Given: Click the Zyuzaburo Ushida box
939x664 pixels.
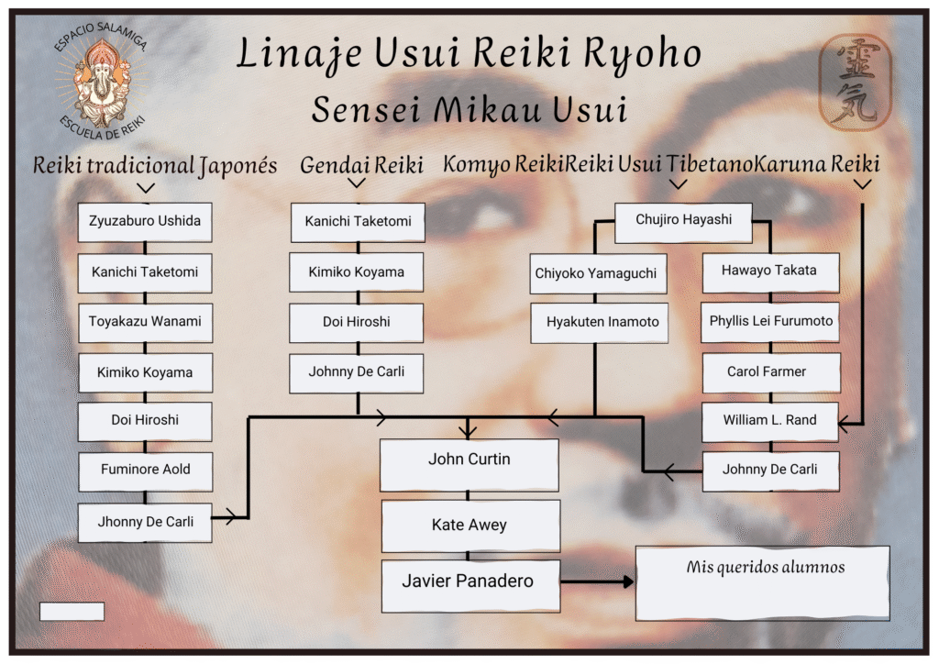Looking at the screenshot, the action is pyautogui.click(x=145, y=222).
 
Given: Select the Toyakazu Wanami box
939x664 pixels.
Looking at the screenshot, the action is pyautogui.click(x=146, y=323).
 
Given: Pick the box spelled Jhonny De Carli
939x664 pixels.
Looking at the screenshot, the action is pyautogui.click(x=145, y=522).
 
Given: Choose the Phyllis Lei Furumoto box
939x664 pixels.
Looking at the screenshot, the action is pyautogui.click(x=770, y=323).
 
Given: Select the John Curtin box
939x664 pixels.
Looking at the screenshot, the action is pyautogui.click(x=469, y=465).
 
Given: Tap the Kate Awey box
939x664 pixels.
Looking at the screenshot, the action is pyautogui.click(x=470, y=526).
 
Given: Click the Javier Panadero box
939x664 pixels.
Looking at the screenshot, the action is pyautogui.click(x=470, y=586).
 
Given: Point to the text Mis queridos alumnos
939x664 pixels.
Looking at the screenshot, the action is pyautogui.click(x=766, y=567).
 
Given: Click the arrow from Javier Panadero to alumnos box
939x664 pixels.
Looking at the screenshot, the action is pyautogui.click(x=597, y=581).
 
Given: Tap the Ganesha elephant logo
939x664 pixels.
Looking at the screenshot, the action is pyautogui.click(x=101, y=81).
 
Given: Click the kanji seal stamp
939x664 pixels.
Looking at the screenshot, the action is pyautogui.click(x=856, y=82).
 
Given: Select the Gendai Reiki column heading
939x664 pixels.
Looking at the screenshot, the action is pyautogui.click(x=361, y=165).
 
